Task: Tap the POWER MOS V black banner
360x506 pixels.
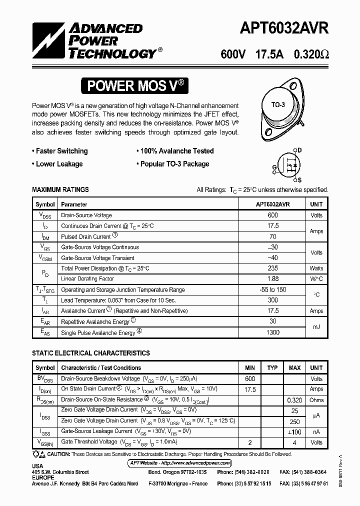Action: pos(136,86)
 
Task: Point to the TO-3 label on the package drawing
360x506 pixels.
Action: pos(278,105)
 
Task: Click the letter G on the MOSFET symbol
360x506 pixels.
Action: pos(274,167)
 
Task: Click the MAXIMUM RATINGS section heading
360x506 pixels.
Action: pos(60,190)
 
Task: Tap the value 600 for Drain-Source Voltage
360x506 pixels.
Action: pos(272,215)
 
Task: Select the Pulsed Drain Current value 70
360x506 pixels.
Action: pos(272,236)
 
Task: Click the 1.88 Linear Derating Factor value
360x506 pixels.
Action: pos(272,279)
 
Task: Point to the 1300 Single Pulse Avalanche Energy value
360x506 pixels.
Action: pos(272,332)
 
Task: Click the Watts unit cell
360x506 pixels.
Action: pos(316,268)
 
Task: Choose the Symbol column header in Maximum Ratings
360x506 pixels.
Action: pos(45,204)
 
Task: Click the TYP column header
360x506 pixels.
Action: pos(272,368)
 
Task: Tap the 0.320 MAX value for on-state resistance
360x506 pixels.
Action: pos(294,400)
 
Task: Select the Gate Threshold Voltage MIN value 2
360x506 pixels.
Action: pos(250,442)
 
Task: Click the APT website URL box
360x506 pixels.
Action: pos(179,463)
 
